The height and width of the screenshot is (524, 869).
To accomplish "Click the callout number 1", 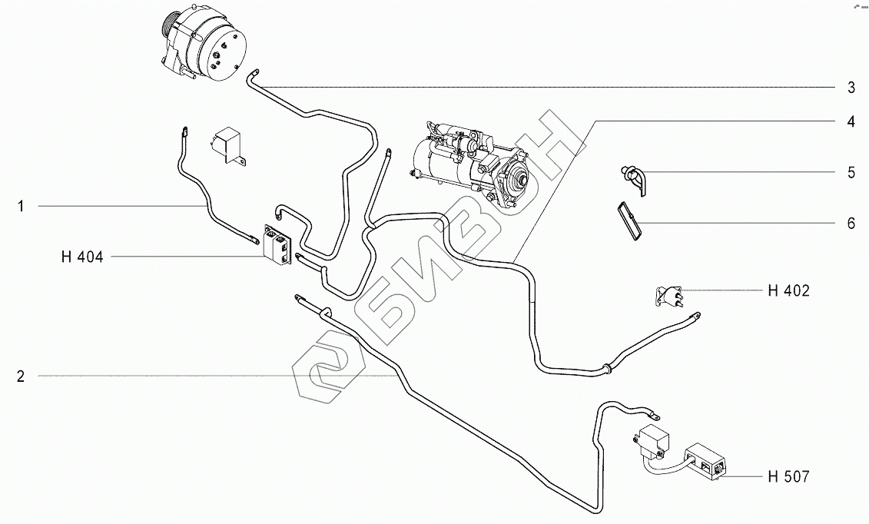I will (22, 206).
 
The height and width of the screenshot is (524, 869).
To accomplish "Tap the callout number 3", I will (851, 88).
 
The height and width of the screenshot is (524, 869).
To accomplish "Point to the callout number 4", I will (851, 121).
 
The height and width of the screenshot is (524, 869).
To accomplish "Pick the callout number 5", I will (851, 172).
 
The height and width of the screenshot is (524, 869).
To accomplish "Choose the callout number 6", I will (851, 224).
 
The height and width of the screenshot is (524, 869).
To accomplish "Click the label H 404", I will (81, 257).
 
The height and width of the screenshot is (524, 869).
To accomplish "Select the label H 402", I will (788, 290).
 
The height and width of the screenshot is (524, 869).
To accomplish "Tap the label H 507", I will (788, 477).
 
